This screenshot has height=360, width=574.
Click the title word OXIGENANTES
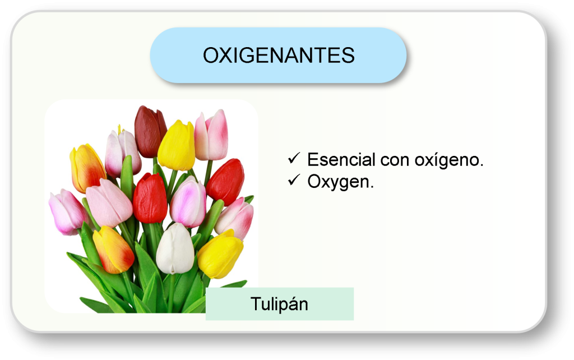point(279,56)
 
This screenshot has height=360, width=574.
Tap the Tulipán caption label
point(279,304)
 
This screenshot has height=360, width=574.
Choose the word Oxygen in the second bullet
point(340,182)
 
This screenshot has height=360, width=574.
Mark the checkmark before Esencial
point(295,159)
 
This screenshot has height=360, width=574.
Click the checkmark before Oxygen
point(295,181)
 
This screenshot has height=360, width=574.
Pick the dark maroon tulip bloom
point(150,132)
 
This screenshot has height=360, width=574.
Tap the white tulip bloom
point(174,248)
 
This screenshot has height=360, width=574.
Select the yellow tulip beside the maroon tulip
point(177,146)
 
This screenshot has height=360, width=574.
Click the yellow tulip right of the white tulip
point(220,254)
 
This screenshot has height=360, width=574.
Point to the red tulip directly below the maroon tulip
point(150,198)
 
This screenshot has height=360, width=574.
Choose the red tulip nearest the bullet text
point(226,181)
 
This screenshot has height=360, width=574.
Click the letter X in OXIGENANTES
point(225,56)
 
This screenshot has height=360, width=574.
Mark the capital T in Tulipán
point(256,304)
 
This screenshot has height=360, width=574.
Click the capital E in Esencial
point(313,160)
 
